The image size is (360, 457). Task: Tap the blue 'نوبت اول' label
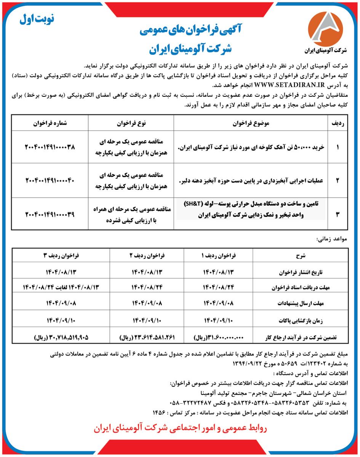[x=37, y=19]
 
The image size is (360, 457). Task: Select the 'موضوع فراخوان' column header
[x=250, y=123]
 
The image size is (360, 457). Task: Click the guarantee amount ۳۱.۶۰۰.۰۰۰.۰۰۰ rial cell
[x=218, y=337]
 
